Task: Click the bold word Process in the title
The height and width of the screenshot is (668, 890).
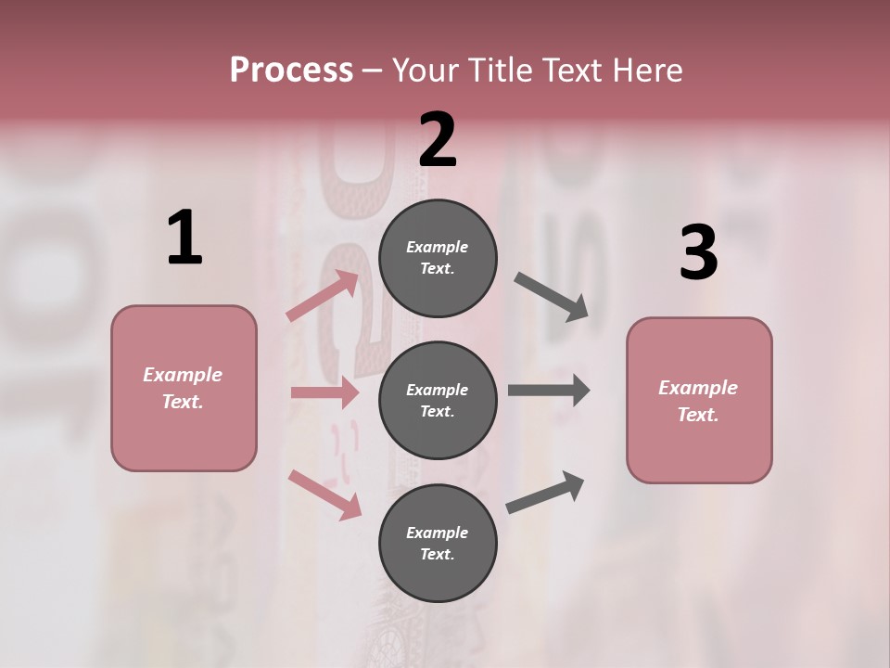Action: coord(291,70)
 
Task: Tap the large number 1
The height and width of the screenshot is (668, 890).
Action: coord(184,238)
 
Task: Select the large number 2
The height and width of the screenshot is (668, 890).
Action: coord(438,140)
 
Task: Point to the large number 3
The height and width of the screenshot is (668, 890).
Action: coord(698,252)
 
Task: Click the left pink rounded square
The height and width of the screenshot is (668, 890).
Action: coord(184,388)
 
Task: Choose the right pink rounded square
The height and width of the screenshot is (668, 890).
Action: coord(699,401)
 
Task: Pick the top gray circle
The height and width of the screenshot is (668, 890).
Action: coord(438,258)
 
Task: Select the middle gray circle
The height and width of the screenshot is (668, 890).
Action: coord(438,401)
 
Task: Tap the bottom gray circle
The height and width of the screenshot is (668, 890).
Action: coord(438,544)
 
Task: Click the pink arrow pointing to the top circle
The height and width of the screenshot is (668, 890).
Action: coord(323,296)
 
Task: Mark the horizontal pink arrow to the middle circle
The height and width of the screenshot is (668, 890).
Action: coord(324,392)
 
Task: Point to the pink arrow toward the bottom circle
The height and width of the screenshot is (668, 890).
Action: coord(324,494)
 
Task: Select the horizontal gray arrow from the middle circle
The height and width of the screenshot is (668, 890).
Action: coord(548,390)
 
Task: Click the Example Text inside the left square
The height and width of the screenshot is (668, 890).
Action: coord(183,388)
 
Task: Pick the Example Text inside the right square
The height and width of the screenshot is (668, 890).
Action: coord(698,401)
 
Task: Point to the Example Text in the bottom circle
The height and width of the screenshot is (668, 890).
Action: coord(437,544)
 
